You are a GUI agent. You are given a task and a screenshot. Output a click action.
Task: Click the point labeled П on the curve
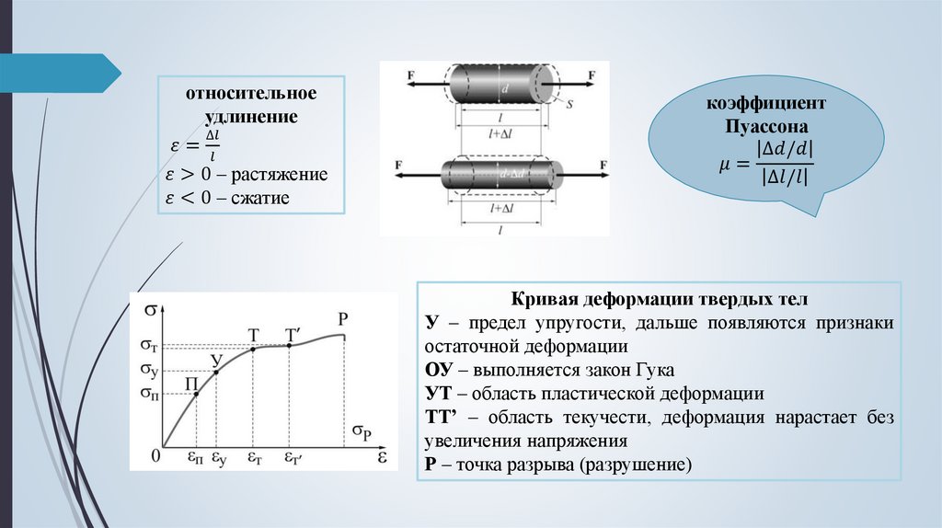pos(197,394)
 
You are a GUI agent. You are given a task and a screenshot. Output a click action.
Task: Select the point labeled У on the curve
pos(216,371)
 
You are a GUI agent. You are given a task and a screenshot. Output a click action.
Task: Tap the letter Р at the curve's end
pos(342,319)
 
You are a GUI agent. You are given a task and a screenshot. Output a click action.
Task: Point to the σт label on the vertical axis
pos(149,346)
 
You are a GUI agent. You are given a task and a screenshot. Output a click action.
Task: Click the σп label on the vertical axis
pos(149,394)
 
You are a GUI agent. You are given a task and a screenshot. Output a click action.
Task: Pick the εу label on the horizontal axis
pos(219,457)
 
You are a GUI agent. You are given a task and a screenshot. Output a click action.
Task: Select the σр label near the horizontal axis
pos(362,430)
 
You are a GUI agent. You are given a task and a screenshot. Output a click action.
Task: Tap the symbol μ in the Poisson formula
pos(725,164)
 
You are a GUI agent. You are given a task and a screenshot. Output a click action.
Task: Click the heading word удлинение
pos(251,118)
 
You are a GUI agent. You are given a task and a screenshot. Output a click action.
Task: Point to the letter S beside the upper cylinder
pos(569,105)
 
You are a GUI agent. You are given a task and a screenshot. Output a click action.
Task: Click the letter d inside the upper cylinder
pos(504,89)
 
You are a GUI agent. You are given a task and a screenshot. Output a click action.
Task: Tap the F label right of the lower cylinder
pos(603,166)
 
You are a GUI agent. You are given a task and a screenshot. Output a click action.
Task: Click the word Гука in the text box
pos(654,371)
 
